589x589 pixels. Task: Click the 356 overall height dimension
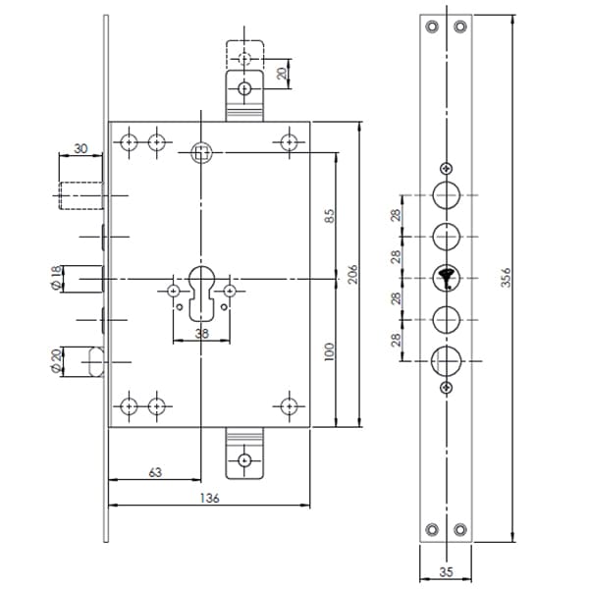(506, 277)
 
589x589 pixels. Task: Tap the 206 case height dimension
(352, 274)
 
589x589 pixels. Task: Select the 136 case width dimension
(209, 498)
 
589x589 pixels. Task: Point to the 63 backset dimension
(155, 472)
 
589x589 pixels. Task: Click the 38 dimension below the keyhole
(201, 333)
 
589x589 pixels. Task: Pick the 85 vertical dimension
(329, 216)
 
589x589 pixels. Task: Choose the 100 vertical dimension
(329, 352)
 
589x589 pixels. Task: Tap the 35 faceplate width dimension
(446, 572)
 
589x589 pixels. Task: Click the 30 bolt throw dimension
(80, 149)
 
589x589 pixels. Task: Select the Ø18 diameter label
(56, 278)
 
